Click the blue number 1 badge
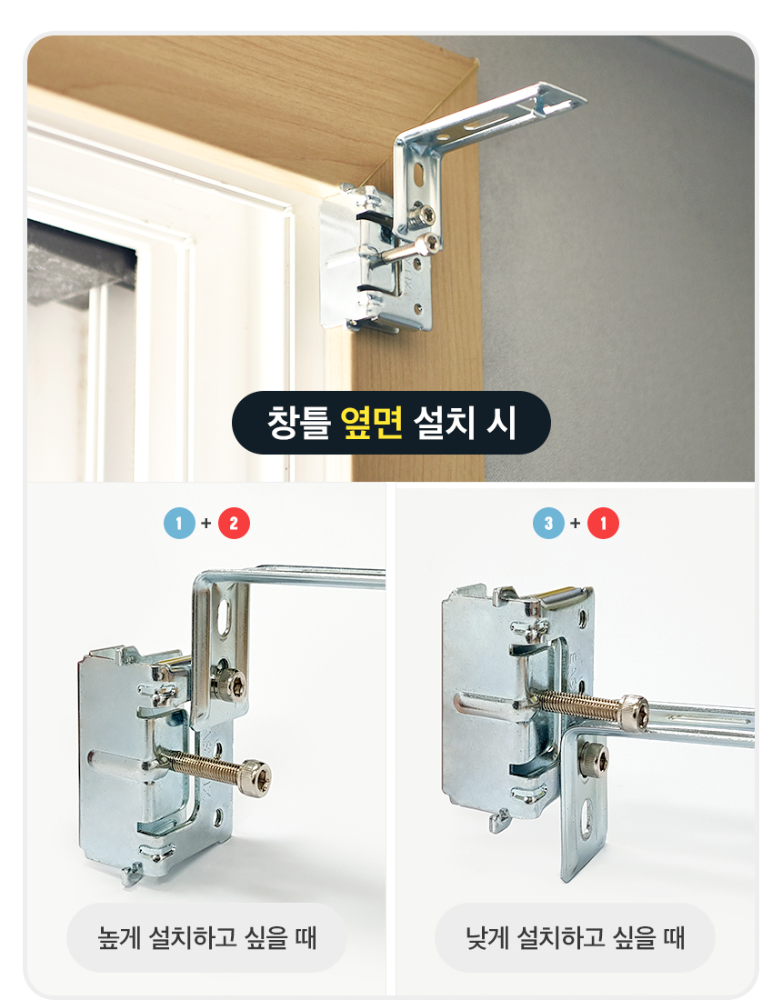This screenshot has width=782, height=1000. point(179,524)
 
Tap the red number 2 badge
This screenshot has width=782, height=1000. point(234,524)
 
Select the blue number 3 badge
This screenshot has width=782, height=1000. point(548,524)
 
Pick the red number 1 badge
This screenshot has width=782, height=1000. point(604,524)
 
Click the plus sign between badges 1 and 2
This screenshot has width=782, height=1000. point(206,524)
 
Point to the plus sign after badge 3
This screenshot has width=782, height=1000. point(576,524)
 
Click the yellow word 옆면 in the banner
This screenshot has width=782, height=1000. point(371,422)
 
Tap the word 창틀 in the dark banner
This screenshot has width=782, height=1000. point(298,422)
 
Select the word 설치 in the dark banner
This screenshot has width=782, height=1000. point(444,422)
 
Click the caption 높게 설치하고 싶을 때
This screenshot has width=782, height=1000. point(206,937)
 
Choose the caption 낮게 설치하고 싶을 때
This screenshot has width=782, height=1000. point(576,937)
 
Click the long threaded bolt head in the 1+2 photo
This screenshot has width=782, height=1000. point(256,775)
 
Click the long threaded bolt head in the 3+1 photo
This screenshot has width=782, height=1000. point(634,710)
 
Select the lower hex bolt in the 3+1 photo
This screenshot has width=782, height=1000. point(593,758)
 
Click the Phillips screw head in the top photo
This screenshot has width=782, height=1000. point(423,215)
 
